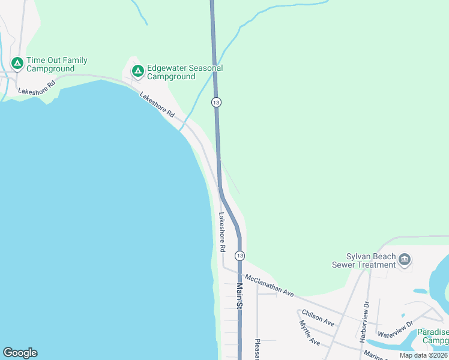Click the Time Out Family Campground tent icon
[x=17, y=62]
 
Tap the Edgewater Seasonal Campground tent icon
[x=138, y=71]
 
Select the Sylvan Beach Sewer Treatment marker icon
[x=404, y=259]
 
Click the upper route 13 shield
[x=216, y=102]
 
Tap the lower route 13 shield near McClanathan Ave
[x=240, y=256]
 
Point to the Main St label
[x=240, y=296]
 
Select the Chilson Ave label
[x=318, y=318]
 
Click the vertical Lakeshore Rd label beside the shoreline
[x=222, y=232]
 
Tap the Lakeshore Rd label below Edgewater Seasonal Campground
[x=157, y=104]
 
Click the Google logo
[x=20, y=353]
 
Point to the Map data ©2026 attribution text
[x=423, y=355]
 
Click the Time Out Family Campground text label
[x=57, y=64]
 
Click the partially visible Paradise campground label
[x=433, y=336]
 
